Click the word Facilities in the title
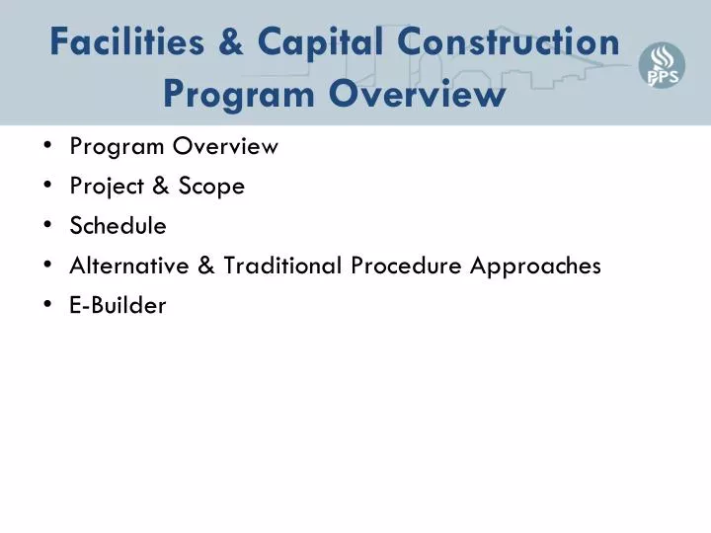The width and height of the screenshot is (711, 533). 128,42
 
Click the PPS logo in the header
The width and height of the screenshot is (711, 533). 662,66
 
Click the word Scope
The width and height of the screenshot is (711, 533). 211,187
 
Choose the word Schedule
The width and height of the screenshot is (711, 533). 118,226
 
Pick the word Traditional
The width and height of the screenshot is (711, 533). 281,266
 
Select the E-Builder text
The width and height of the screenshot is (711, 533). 118,305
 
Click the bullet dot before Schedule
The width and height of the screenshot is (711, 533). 48,226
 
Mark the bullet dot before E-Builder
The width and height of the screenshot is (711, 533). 48,305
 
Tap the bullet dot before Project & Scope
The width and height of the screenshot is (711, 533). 48,187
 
